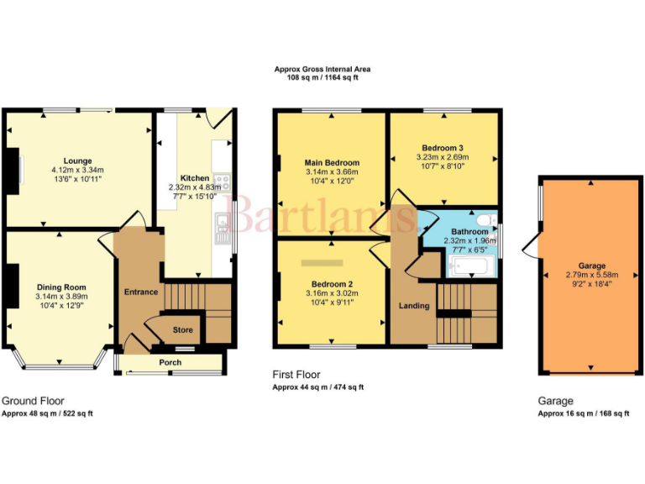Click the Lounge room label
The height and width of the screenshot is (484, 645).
point(76,160)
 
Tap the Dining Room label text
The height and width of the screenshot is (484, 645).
point(60,287)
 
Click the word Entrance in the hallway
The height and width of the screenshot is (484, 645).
point(141,292)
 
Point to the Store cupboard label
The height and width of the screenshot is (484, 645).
point(182,330)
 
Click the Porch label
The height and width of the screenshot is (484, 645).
point(170,363)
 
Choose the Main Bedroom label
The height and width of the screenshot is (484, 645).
point(332,163)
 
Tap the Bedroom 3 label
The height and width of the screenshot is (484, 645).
point(443,147)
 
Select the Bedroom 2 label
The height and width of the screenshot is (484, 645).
point(331,284)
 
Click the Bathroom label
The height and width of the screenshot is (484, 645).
point(469,231)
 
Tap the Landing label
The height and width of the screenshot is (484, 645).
point(414,306)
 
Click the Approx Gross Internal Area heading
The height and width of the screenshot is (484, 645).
point(322,69)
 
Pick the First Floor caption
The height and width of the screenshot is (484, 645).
point(296,375)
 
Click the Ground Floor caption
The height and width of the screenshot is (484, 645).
point(33,401)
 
